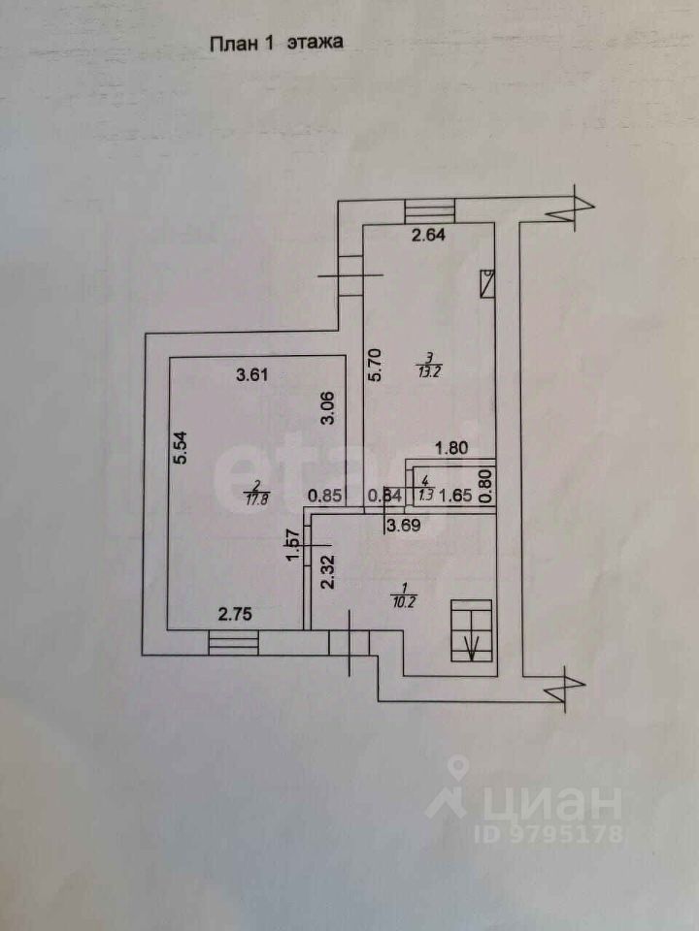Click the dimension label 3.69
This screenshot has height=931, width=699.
click(x=405, y=528)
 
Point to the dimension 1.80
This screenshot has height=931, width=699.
click(x=452, y=449)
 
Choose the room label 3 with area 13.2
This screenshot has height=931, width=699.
click(x=424, y=361)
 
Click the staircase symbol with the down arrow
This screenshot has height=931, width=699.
click(x=473, y=630)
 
